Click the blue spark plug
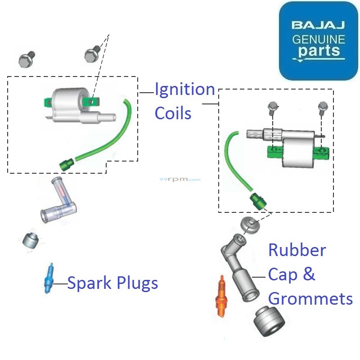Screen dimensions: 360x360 click(48, 279)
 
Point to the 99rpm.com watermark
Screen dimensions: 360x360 click(180, 180)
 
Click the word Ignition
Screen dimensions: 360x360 click(184, 90)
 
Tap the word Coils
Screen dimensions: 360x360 click(173, 113)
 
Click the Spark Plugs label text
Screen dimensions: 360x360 click(112, 283)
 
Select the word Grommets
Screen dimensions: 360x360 click(310, 298)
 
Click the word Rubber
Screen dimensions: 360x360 click(297, 250)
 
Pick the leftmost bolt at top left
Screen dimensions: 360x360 click(27, 58)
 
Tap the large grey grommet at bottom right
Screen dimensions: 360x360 click(269, 322)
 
